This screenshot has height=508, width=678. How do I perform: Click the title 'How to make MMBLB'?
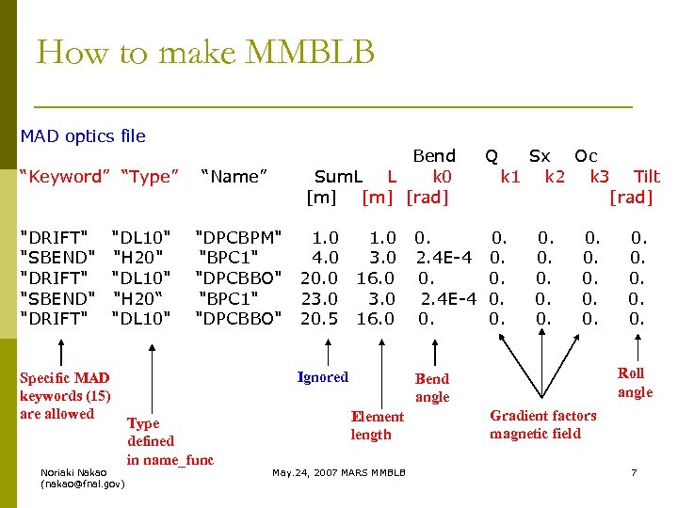tap(205, 53)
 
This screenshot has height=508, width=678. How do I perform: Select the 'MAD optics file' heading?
tap(83, 136)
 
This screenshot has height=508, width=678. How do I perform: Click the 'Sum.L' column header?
tap(338, 176)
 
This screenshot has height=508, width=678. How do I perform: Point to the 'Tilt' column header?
tap(647, 176)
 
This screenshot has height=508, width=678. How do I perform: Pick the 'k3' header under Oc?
tap(600, 176)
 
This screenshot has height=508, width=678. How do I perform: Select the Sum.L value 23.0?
tap(320, 298)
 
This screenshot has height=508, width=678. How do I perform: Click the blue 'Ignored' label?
tap(323, 377)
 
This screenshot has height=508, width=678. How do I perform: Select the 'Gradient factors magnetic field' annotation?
tap(542, 424)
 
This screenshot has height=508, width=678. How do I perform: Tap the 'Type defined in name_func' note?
tap(169, 441)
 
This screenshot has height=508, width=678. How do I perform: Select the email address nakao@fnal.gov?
tap(82, 484)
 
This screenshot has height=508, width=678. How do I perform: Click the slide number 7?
tap(634, 471)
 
